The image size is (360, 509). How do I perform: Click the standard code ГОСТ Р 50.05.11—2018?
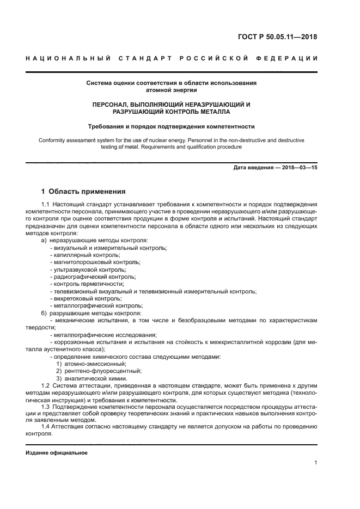(278, 38)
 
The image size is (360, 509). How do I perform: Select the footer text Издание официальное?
(57, 453)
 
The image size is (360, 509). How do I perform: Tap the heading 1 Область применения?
(83, 192)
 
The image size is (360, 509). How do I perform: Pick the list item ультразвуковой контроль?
(88, 269)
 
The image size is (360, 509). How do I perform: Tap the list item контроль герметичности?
(87, 284)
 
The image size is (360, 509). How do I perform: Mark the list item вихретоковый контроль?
(86, 299)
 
